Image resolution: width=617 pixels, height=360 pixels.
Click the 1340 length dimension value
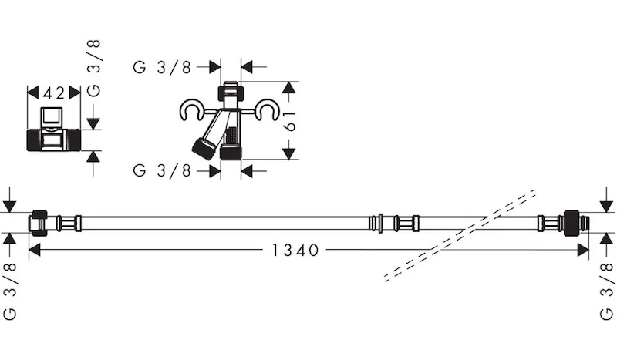pos(295,250)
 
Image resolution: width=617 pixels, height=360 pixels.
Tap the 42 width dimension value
pos(54,93)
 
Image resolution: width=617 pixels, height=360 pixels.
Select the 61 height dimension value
pos(290,121)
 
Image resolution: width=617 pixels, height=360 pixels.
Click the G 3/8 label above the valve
pos(162,67)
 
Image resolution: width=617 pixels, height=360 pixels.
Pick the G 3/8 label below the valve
pos(162,171)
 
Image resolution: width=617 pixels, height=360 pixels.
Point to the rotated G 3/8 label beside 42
pos(93,68)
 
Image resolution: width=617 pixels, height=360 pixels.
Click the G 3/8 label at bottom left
pos(10,291)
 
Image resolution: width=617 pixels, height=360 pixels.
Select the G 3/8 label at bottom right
pos(607,291)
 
